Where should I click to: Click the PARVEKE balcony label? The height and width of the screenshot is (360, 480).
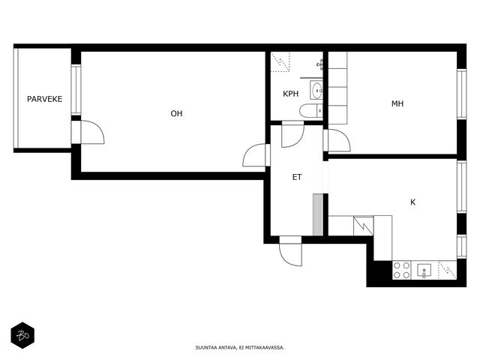[45, 99]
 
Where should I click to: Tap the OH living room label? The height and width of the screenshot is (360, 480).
[177, 113]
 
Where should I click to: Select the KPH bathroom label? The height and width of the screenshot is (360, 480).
[290, 94]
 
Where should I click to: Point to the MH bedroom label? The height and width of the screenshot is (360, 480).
[397, 103]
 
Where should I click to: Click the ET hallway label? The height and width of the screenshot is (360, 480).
[297, 177]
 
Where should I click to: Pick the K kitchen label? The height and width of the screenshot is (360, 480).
[413, 202]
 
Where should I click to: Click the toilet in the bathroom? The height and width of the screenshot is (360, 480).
[311, 111]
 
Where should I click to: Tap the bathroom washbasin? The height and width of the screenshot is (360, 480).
[316, 90]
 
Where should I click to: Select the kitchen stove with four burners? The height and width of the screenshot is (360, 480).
[402, 270]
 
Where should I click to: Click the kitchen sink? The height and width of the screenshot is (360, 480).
[424, 270]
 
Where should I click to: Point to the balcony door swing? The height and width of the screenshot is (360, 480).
[92, 132]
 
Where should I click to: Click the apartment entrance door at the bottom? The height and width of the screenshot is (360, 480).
[290, 251]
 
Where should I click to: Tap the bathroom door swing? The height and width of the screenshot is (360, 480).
[293, 134]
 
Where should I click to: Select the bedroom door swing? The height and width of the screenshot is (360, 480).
[338, 140]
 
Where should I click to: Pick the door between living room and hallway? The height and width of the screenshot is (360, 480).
[254, 155]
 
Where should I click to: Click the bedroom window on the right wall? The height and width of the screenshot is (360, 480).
[462, 94]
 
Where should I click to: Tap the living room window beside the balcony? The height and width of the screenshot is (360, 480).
[76, 90]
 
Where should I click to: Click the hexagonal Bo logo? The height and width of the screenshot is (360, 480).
[22, 335]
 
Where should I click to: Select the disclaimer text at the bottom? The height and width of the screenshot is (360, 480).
[240, 348]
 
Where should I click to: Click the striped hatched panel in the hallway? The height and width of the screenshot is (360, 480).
[318, 214]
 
